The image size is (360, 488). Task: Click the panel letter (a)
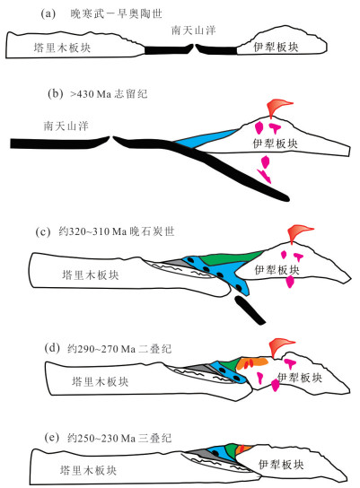tap(48, 14)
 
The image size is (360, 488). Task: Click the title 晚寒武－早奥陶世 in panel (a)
tap(116, 14)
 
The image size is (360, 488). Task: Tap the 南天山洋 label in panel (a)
tap(193, 30)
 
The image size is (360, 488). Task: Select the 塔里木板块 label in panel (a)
tap(62, 48)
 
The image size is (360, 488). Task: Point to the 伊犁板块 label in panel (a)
tap(276, 47)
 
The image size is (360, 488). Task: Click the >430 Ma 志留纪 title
tap(109, 93)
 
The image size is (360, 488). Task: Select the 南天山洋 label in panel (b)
tap(66, 126)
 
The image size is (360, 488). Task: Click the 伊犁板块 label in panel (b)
tap(275, 144)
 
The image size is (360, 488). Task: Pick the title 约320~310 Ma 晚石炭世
tap(117, 231)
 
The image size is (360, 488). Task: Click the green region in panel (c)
tap(231, 257)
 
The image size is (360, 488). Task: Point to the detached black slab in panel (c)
tap(250, 310)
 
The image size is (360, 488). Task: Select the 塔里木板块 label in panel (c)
tap(91, 275)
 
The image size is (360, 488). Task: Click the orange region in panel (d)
tap(251, 363)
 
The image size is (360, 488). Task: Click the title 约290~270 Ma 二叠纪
tap(119, 349)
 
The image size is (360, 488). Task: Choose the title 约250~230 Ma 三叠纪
tap(119, 438)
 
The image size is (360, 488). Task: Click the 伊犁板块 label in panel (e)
tap(281, 465)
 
